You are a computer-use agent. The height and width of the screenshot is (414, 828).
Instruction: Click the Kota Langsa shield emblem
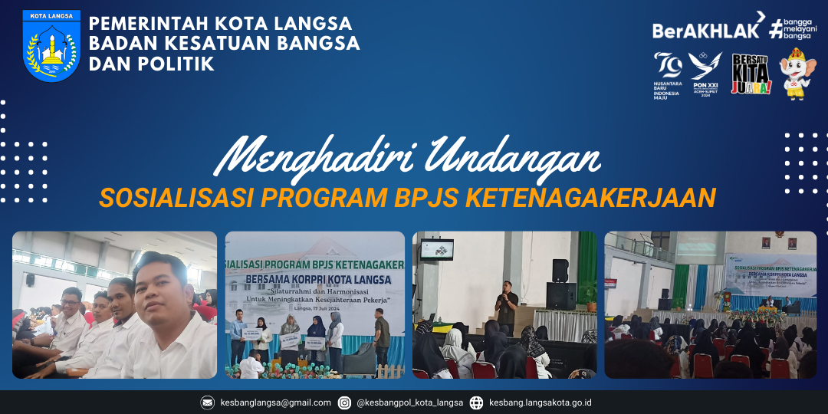(x=51, y=46)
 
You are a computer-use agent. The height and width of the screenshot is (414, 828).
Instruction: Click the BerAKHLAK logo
(x=706, y=30)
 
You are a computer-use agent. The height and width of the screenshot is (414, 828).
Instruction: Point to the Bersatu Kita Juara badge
(x=751, y=74)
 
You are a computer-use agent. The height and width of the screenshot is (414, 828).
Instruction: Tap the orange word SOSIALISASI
(x=177, y=197)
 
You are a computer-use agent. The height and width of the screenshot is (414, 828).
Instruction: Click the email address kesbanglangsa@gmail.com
(x=275, y=402)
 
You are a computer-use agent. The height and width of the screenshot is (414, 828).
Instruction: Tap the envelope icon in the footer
(x=208, y=402)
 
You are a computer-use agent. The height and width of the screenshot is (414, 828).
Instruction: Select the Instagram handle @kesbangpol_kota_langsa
(x=410, y=402)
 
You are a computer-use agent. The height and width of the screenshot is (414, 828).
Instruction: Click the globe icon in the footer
(x=476, y=402)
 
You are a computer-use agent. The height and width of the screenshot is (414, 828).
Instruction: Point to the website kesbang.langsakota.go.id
(x=540, y=402)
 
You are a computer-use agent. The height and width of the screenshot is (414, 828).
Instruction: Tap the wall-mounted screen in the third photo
(x=436, y=248)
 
